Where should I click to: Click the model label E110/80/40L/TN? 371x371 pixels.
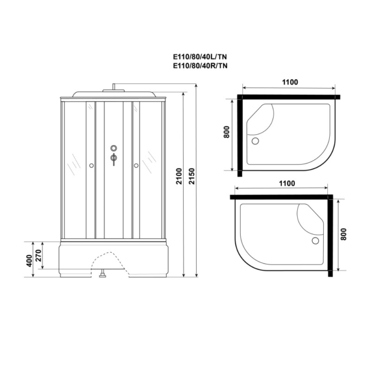pyautogui.click(x=200, y=57)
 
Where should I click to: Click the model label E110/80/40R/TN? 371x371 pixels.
pyautogui.click(x=200, y=66)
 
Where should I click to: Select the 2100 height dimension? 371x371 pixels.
pyautogui.click(x=179, y=176)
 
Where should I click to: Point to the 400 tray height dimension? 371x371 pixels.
pyautogui.click(x=29, y=261)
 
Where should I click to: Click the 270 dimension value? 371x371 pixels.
pyautogui.click(x=39, y=255)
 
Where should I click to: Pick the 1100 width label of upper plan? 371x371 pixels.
pyautogui.click(x=290, y=82)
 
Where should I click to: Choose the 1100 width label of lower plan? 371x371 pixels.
pyautogui.click(x=287, y=183)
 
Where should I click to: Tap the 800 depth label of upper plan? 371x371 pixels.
pyautogui.click(x=226, y=132)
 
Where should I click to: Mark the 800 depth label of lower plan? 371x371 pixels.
pyautogui.click(x=344, y=234)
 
